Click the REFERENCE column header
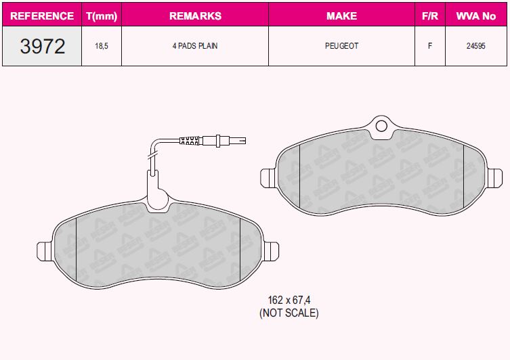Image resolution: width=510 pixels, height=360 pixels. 42,16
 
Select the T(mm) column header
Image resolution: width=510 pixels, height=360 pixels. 101,16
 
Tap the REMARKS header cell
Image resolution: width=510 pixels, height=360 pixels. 194,16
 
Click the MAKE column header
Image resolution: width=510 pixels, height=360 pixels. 341,16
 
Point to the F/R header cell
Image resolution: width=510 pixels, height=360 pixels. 429,16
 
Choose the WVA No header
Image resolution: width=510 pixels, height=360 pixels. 475,16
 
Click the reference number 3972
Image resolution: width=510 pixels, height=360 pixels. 42,46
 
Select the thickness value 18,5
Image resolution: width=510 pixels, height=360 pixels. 101,46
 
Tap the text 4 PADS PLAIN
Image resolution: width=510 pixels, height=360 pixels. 194,46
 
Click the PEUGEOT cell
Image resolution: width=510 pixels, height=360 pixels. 341,46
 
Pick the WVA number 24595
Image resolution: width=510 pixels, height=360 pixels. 475,46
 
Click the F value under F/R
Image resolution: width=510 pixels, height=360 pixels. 429,46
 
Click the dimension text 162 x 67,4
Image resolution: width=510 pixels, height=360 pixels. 289,300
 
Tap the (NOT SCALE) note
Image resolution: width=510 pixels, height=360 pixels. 289,313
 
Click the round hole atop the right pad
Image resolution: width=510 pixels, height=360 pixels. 381,125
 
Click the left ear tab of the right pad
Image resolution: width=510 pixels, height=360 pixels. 267,177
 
